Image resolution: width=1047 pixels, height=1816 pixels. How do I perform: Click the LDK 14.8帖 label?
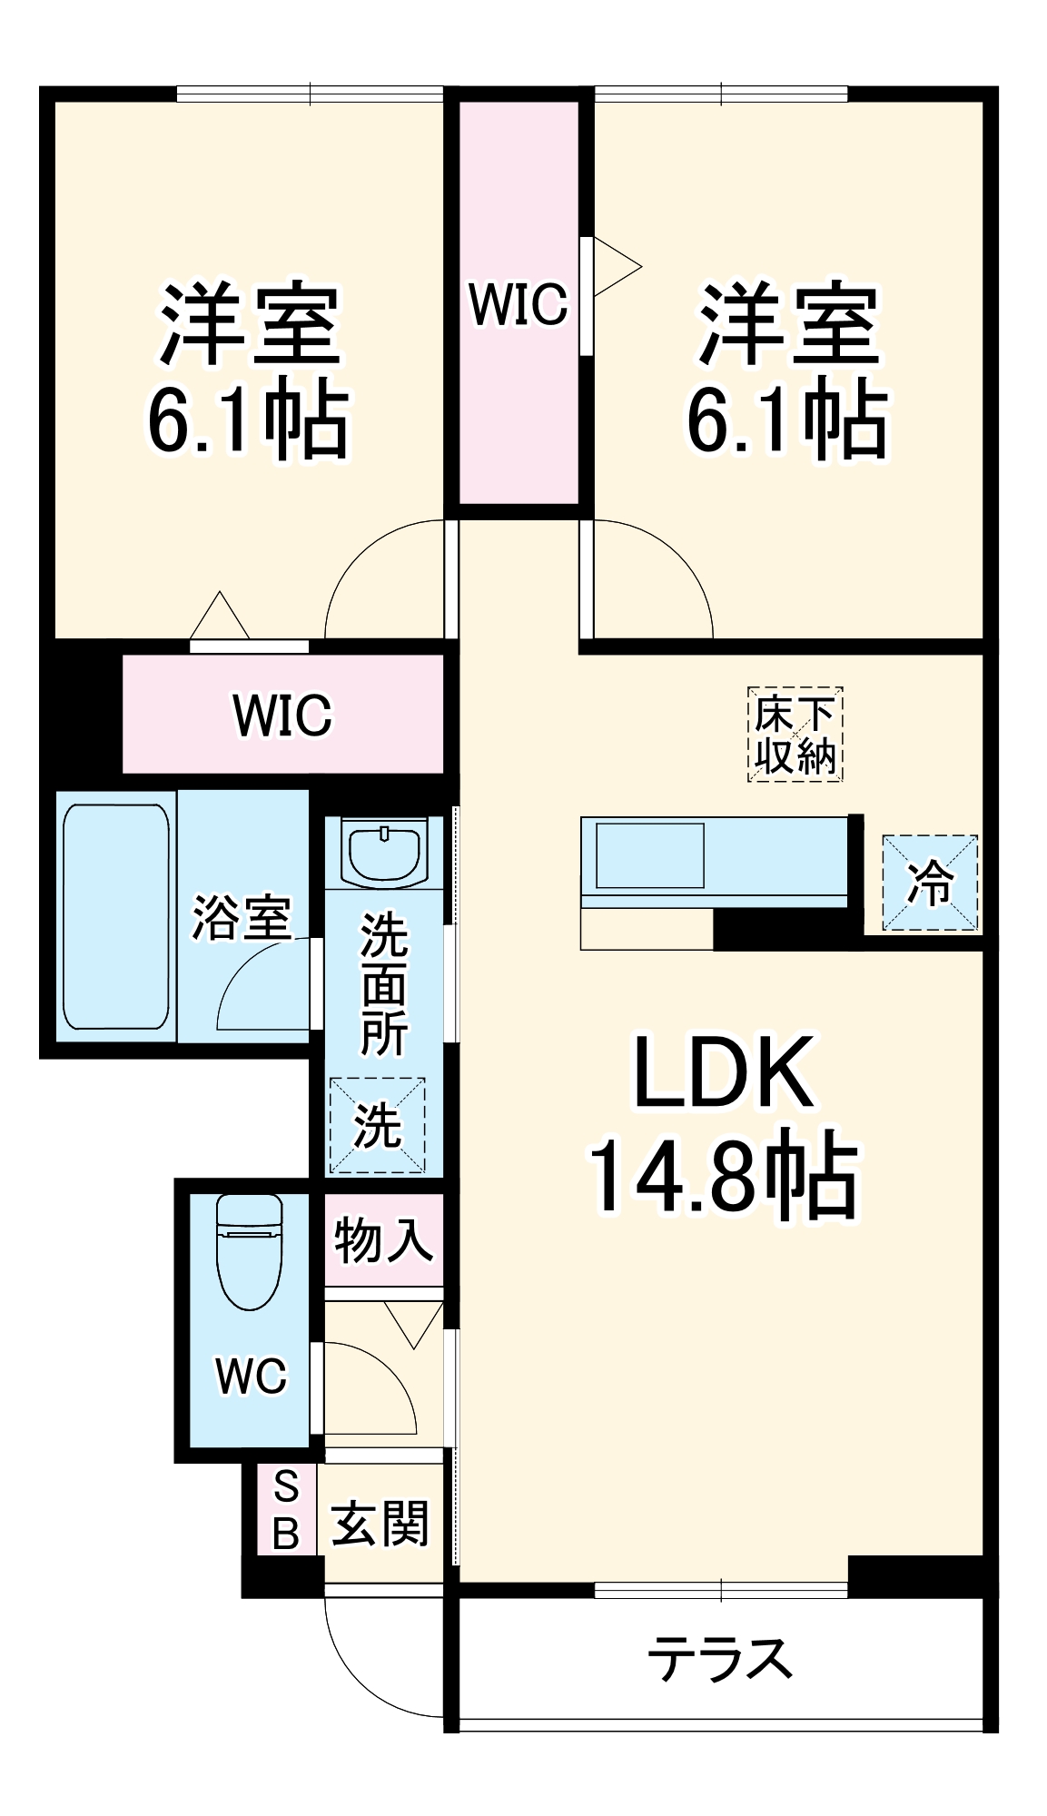(x=724, y=1125)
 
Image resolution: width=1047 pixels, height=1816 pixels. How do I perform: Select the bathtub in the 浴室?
(x=116, y=916)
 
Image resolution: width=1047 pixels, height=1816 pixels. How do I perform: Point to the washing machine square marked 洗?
(x=378, y=1125)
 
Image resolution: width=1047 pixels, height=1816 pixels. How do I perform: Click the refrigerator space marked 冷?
(x=931, y=883)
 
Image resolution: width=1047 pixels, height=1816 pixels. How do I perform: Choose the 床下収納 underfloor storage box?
(x=795, y=735)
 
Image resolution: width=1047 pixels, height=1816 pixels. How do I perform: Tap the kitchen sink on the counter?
(x=650, y=855)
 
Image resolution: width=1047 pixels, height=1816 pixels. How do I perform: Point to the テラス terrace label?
(x=720, y=1658)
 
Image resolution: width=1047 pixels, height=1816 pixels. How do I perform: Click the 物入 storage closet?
(x=384, y=1239)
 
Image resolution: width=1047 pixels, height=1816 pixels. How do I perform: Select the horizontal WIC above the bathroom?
(x=283, y=715)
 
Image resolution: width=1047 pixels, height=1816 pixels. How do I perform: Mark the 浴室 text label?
(x=242, y=918)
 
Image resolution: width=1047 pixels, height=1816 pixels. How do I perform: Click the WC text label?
(x=252, y=1377)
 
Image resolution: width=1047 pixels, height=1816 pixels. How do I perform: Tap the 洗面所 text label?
(x=384, y=984)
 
